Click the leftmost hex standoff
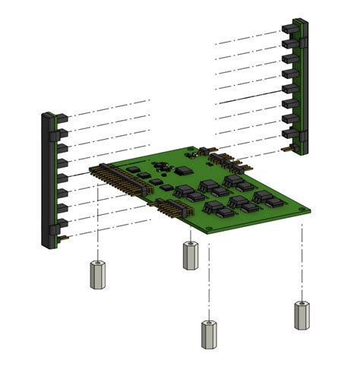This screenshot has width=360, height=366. pos(97,275)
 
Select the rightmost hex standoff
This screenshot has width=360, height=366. pos(302,314)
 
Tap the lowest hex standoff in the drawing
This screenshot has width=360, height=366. pos(209,334)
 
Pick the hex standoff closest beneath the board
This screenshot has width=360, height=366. pos(190,255)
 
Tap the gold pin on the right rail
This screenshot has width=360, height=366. pos(286,150)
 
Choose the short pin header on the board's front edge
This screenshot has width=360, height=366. pos(174,210)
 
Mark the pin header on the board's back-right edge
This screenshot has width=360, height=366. pos(229,160)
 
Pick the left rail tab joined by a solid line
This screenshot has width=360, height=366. pos(61,177)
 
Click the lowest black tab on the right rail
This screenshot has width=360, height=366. pos(289,134)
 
